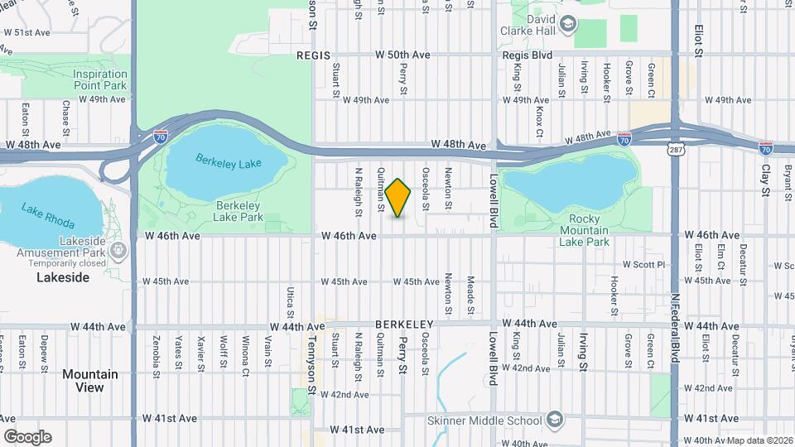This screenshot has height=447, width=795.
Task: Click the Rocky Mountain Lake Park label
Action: (584, 230)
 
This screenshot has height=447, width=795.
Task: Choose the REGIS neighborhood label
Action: (314, 55)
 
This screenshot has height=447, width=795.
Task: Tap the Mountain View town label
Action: (89, 381)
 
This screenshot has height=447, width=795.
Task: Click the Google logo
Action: (27, 436)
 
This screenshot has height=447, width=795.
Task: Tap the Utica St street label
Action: (291, 302)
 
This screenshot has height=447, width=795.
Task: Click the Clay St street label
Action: (765, 180)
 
